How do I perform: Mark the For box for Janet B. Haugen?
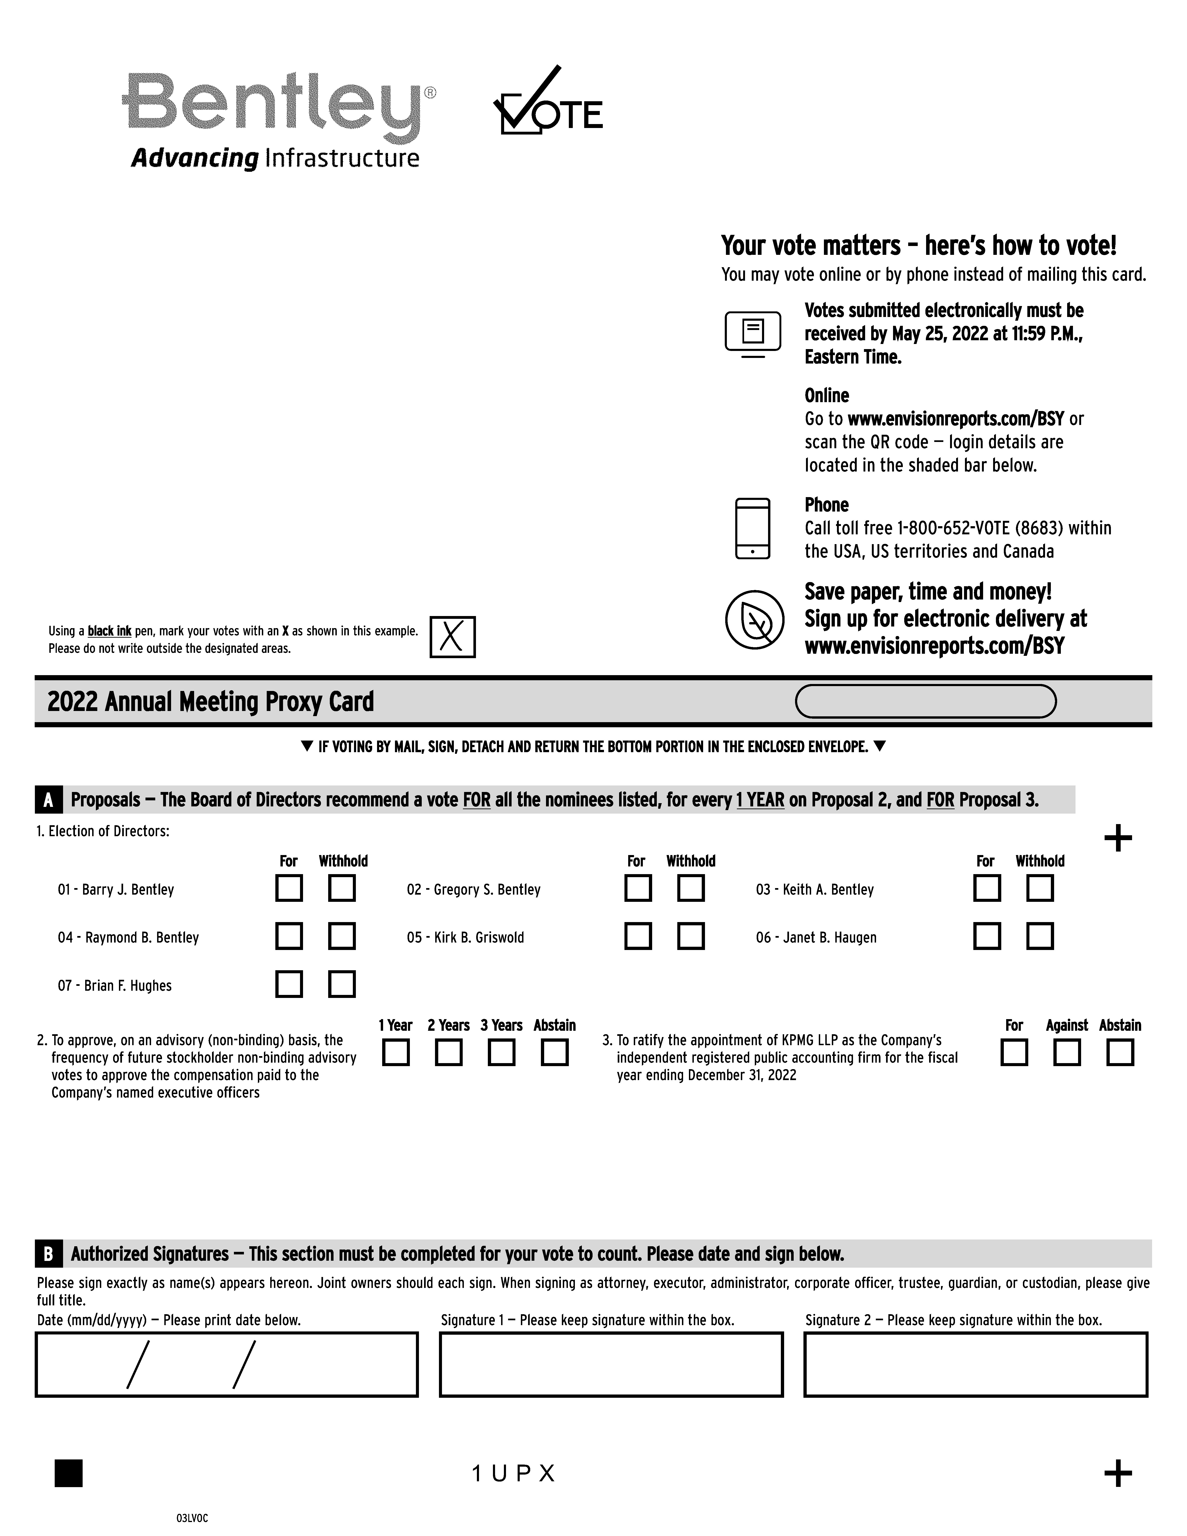[987, 936]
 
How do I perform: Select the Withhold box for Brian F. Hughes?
[342, 984]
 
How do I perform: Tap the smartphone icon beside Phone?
[752, 529]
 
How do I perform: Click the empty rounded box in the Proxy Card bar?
[925, 701]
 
